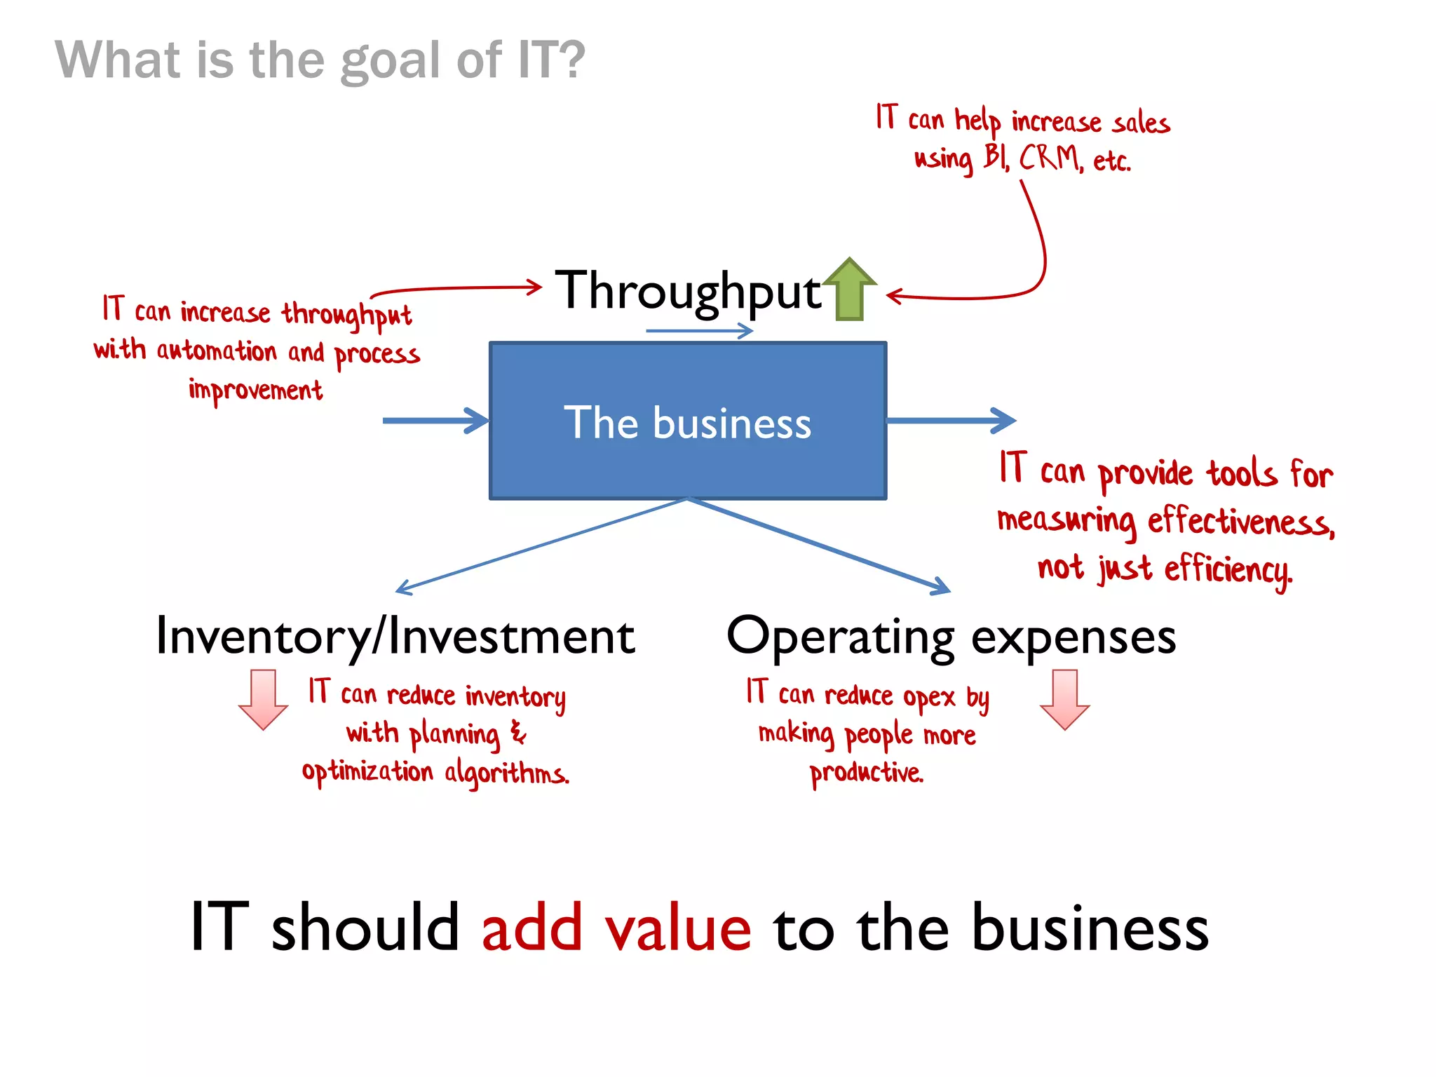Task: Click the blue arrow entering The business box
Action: point(435,421)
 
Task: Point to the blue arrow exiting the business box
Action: point(950,421)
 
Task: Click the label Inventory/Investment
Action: point(395,637)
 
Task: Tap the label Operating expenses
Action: point(951,637)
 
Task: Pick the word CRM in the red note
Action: point(1049,158)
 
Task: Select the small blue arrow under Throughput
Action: point(698,330)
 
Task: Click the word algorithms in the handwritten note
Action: point(506,774)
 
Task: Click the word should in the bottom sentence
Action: point(365,928)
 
